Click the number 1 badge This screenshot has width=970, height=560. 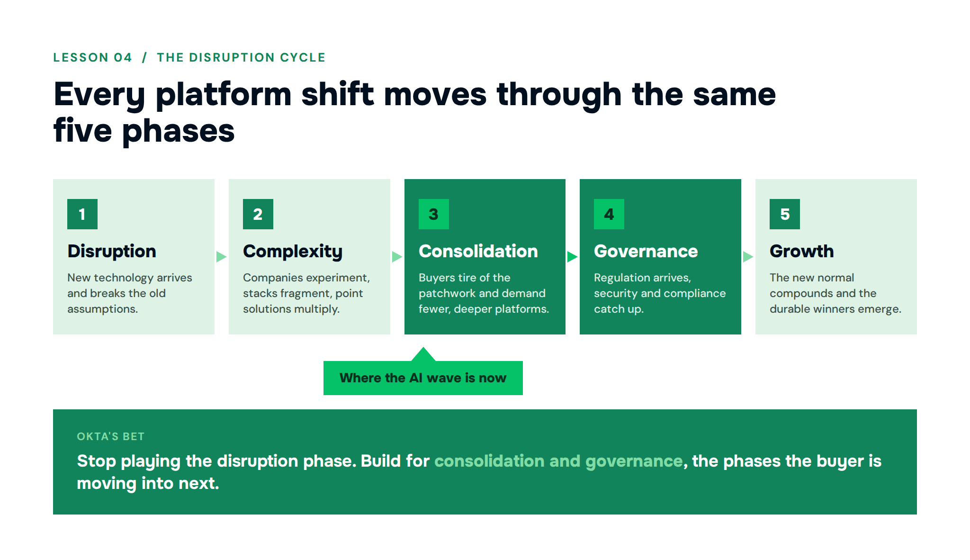point(82,214)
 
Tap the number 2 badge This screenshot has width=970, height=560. point(258,214)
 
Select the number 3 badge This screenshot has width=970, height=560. point(434,214)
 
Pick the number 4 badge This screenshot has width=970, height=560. point(609,214)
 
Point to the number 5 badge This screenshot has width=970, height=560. point(785,214)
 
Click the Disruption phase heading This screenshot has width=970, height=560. point(112,251)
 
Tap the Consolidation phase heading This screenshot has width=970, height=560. point(478,251)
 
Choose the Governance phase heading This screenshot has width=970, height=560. point(646,251)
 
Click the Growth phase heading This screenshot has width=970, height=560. point(802,251)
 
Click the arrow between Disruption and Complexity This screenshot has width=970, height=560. point(222,257)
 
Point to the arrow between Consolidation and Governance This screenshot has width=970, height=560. point(573,257)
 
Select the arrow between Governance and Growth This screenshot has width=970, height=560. point(748,257)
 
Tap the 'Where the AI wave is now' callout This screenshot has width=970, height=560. point(423,378)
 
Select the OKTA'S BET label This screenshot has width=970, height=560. point(111,436)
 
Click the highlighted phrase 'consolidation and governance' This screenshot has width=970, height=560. point(558,461)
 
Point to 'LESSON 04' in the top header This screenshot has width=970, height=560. point(93,57)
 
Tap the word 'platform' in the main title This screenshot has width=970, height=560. point(224,95)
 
